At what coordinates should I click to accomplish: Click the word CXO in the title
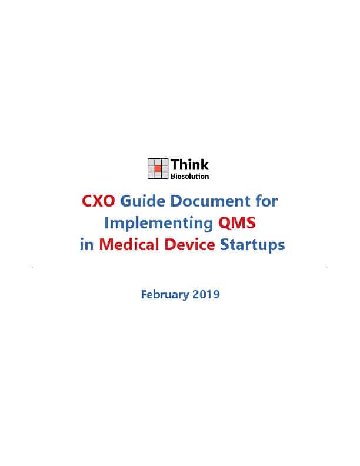pos(98,201)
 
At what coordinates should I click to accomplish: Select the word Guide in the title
pos(142,201)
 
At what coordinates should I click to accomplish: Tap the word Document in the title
pos(211,201)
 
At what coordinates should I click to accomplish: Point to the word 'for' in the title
pos(266,201)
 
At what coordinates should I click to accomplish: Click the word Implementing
pos(159,223)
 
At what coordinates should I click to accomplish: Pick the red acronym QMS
pos(237,222)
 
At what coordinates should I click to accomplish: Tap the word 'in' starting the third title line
pos(86,245)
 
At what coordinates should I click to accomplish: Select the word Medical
pos(129,245)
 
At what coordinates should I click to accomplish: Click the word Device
pos(189,245)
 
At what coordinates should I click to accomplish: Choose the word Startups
pos(252,245)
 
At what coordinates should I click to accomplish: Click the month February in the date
pos(165,295)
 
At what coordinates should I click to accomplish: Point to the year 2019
pos(206,294)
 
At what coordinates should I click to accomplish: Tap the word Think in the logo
pos(189,165)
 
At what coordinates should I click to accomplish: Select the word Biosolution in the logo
pos(189,177)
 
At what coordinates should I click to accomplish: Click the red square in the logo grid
pos(158,168)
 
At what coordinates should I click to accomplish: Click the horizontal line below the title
pos(180,268)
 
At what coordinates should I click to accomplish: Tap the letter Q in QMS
pos(225,223)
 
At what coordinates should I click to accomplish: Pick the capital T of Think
pos(175,165)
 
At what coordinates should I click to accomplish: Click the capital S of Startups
pos(224,245)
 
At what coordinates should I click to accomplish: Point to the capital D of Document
pos(176,201)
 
